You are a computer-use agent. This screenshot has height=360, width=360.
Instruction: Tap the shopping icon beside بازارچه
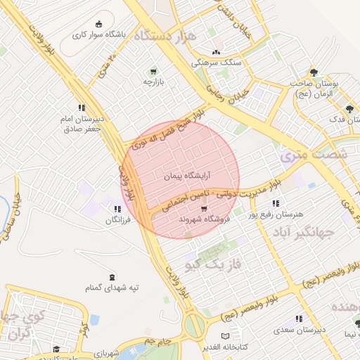click(x=153, y=71)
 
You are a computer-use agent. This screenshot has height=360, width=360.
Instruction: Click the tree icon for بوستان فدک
click(x=349, y=108)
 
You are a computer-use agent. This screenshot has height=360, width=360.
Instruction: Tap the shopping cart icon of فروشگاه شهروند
click(x=204, y=208)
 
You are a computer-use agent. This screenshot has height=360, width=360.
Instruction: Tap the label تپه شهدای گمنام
click(x=113, y=287)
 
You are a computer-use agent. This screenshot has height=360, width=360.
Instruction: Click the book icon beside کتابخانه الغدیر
click(x=225, y=336)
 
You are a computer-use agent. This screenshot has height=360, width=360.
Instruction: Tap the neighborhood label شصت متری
click(x=314, y=154)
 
